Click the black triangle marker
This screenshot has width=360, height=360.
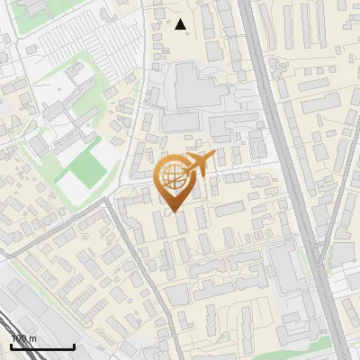coord(181,24)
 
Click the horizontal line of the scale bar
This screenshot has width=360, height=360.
coord(42,346)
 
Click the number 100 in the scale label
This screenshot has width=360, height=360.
coord(19,338)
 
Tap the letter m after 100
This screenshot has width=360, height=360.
coord(33,338)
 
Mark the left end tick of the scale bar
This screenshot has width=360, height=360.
coord(11,345)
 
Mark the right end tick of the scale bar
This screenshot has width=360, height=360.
coord(74,345)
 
